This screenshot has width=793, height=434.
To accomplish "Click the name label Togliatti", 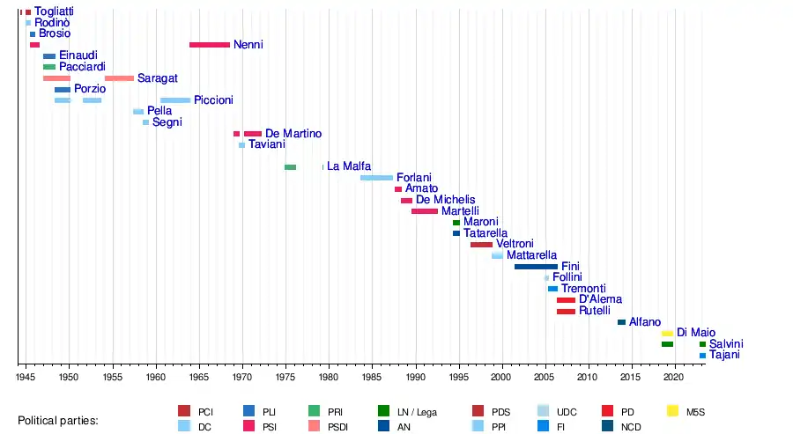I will point(54,11).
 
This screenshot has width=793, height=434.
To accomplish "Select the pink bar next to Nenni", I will point(209,45).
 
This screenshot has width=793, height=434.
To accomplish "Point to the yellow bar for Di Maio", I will point(667,334).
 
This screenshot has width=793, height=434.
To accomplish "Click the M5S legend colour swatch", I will point(673,411).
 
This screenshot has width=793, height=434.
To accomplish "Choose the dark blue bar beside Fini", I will point(536,267).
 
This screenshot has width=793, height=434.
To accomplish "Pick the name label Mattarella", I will point(532,255).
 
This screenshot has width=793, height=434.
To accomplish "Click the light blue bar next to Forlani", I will point(376,178).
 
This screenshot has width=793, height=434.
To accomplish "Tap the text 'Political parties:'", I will point(58,421).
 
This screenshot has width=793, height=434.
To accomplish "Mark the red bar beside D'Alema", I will point(566,300).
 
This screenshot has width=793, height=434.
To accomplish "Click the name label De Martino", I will point(293,134).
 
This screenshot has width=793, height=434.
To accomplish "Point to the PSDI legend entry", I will point(327,426).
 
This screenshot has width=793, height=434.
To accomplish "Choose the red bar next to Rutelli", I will point(566,312).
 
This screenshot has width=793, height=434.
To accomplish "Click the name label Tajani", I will point(724,356).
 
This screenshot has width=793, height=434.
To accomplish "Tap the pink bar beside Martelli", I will point(424,211).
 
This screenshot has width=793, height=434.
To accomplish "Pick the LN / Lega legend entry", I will point(413,411).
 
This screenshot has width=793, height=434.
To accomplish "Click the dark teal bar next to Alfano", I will point(621,322).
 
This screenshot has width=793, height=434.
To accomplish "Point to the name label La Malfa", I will point(349,166).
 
